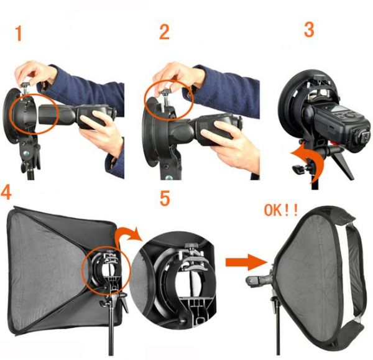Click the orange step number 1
pyautogui.click(x=19, y=34)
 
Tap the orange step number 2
pyautogui.click(x=164, y=32)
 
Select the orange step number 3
pyautogui.click(x=309, y=29)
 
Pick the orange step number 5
pyautogui.click(x=165, y=199)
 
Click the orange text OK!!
pyautogui.click(x=281, y=210)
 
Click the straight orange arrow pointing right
pyautogui.click(x=246, y=262)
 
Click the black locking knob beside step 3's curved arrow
pyautogui.click(x=298, y=168)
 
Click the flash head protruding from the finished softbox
pyautogui.click(x=258, y=280)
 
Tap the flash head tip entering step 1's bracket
pyautogui.click(x=48, y=114)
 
